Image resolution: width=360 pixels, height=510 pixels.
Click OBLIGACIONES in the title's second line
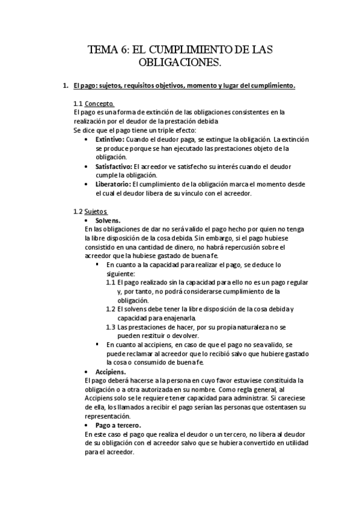pyautogui.click(x=180, y=63)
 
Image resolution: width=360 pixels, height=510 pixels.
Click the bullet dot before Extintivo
pyautogui.click(x=89, y=140)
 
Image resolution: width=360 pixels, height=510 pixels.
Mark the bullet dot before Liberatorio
pyautogui.click(x=89, y=185)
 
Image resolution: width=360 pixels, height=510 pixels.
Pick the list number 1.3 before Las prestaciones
pyautogui.click(x=111, y=327)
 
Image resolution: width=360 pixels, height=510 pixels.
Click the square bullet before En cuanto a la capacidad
pyautogui.click(x=98, y=265)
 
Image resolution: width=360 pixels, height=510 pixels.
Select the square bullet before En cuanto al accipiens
pyautogui.click(x=98, y=345)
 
